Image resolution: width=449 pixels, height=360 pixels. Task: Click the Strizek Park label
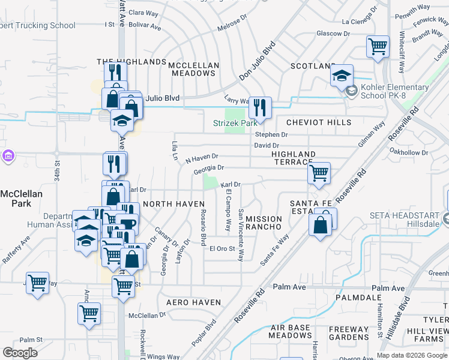coord(235,123)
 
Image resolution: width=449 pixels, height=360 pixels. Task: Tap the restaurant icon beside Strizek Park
coord(259,108)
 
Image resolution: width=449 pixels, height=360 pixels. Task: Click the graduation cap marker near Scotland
coord(342,76)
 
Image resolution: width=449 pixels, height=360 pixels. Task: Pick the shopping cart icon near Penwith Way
coord(378,46)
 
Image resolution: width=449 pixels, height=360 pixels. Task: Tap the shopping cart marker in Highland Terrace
coord(319,173)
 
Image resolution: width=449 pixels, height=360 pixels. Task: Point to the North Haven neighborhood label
coord(174,204)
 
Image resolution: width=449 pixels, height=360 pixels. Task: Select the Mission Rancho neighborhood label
coord(264,223)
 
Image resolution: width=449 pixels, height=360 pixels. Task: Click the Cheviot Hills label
coord(319,122)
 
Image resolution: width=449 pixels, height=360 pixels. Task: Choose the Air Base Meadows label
coord(291,332)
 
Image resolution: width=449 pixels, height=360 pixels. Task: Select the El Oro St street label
coord(221,249)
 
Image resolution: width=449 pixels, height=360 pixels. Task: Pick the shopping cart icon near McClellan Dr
coord(89,313)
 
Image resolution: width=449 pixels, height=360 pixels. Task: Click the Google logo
coord(20,353)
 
